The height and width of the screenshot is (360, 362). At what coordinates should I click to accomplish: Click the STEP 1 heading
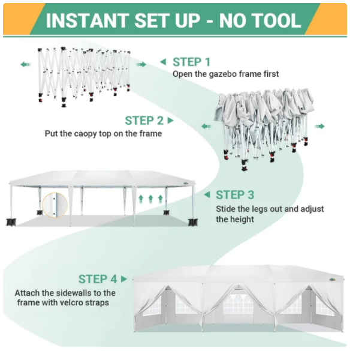point(191,62)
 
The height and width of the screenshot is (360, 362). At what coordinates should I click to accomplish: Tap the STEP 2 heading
point(144,121)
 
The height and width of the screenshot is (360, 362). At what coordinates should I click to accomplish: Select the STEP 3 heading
point(235,195)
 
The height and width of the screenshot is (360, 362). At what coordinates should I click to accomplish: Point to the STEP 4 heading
point(98,279)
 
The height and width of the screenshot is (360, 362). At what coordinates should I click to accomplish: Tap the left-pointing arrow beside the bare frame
point(25,64)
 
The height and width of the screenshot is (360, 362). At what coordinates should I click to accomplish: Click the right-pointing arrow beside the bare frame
point(141,64)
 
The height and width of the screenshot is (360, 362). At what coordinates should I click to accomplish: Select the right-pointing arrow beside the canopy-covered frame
point(319,126)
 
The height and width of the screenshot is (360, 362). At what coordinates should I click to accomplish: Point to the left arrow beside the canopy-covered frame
point(206,126)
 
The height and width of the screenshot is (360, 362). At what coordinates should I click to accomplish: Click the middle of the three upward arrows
point(150,199)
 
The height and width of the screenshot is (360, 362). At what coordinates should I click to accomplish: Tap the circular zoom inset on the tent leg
point(55,205)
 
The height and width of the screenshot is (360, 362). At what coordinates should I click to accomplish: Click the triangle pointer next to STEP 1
point(163,62)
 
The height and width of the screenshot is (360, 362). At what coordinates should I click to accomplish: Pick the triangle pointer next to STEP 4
point(124,279)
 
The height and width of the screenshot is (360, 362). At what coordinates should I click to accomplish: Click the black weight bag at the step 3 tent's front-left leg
point(11,222)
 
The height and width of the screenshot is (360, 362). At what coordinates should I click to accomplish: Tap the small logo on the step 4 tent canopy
point(332,280)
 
